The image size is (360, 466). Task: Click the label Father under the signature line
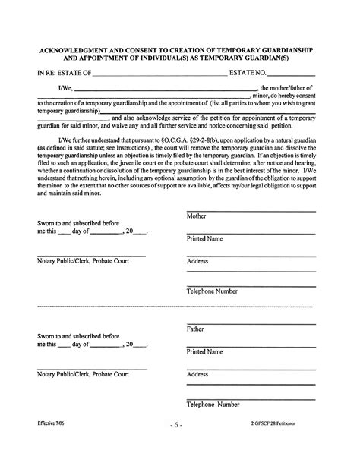[x=195, y=329]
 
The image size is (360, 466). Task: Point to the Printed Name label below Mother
[x=205, y=239]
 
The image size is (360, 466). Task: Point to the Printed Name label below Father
[x=205, y=352]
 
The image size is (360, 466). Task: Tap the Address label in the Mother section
[x=197, y=262]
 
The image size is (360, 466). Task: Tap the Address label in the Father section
[x=197, y=374]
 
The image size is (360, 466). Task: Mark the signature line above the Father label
[x=251, y=323]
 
